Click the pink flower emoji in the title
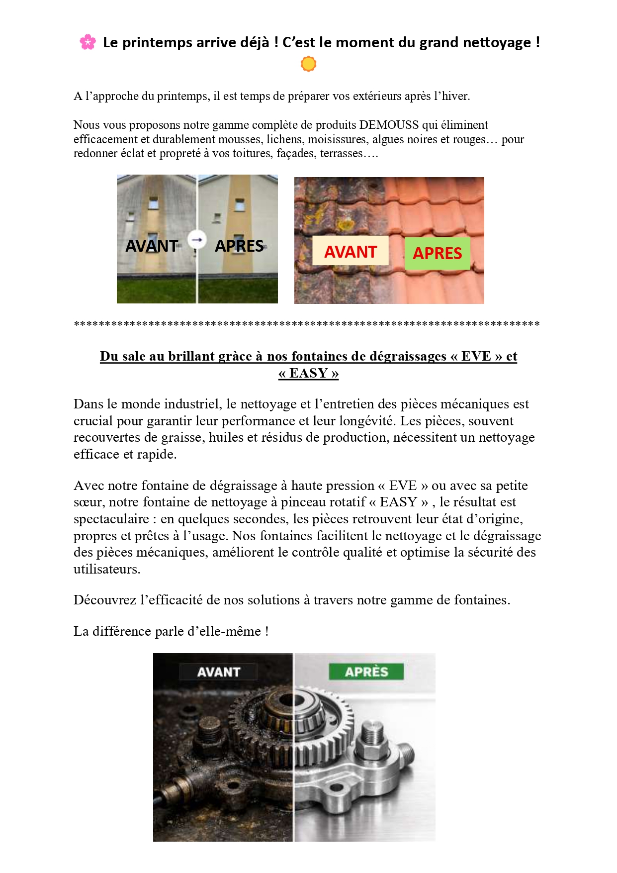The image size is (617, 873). click(88, 42)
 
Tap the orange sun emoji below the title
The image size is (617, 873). click(308, 64)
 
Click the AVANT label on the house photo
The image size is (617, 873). click(152, 246)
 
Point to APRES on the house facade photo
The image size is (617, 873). click(239, 246)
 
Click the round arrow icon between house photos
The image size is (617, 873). click(197, 240)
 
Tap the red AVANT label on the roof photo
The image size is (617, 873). click(351, 252)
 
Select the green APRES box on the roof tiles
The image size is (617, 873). click(438, 253)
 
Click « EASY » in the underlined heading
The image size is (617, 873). click(309, 373)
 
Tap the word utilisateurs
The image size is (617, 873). click(106, 569)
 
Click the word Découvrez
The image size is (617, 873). click(105, 600)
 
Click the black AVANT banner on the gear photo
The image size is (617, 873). click(218, 672)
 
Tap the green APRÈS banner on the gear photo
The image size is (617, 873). click(366, 672)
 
